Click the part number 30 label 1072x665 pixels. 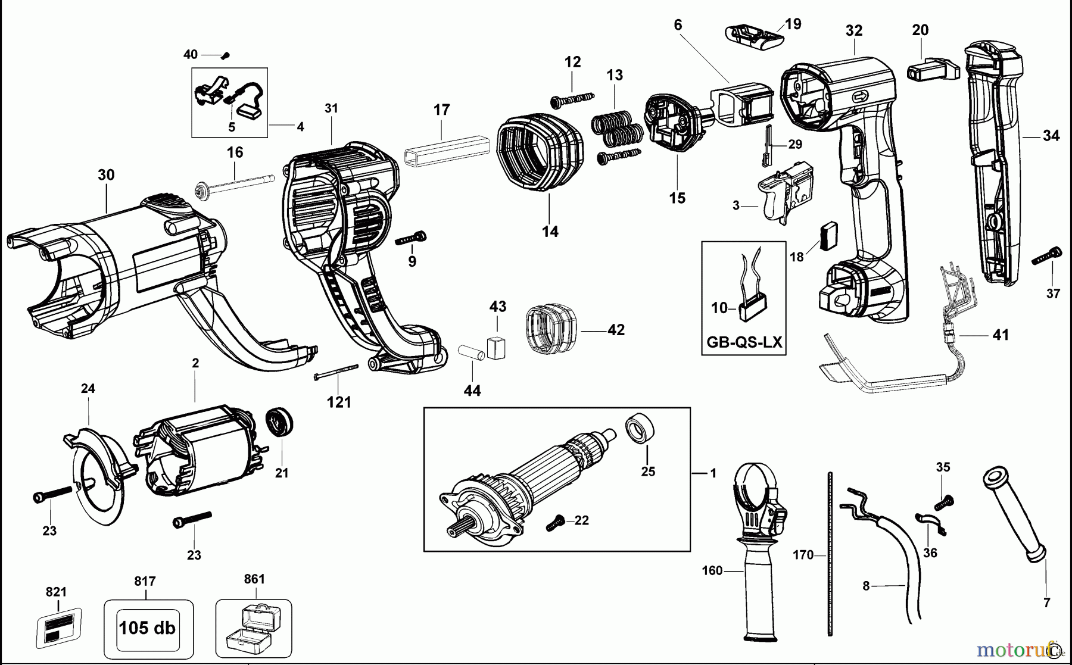click(x=106, y=175)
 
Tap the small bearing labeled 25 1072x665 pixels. click(x=640, y=429)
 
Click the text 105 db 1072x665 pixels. click(x=147, y=628)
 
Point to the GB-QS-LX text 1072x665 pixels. click(x=744, y=343)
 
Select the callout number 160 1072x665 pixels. click(x=712, y=571)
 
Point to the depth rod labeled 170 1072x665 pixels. click(x=829, y=554)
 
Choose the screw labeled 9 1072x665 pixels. click(x=411, y=238)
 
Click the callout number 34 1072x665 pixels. click(x=1051, y=136)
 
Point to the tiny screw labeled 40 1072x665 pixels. click(x=225, y=56)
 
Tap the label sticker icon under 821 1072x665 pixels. click(x=58, y=628)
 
